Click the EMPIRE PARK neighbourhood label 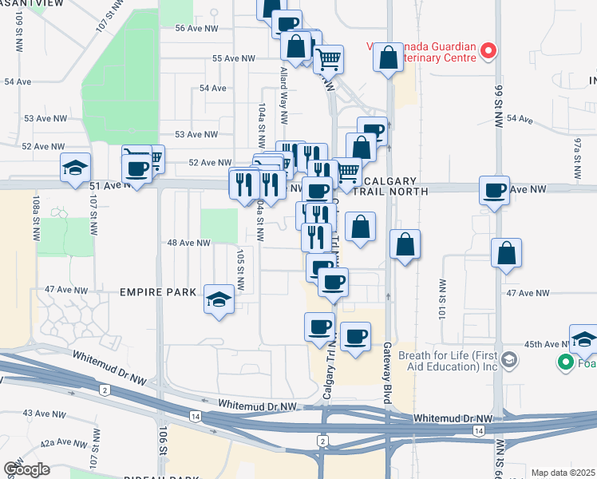[158, 293]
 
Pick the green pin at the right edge [566, 362]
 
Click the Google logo [27, 469]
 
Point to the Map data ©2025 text [563, 473]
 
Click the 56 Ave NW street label [196, 28]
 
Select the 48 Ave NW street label [188, 243]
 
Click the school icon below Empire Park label [218, 299]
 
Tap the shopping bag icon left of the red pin [388, 57]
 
